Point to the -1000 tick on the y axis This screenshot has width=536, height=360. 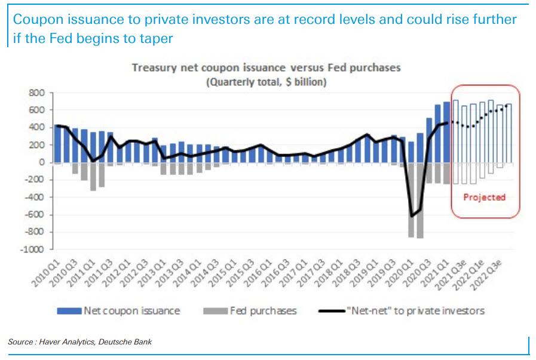click(x=35, y=250)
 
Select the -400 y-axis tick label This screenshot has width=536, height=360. click(x=36, y=197)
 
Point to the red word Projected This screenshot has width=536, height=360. click(x=485, y=198)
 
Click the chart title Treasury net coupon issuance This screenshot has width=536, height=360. click(x=266, y=68)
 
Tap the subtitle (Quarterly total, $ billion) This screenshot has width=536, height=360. click(x=266, y=81)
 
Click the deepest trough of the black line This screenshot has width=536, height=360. click(x=412, y=216)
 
